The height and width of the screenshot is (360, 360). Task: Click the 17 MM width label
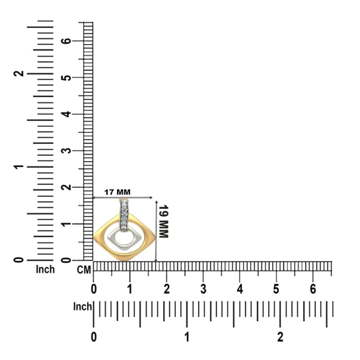coord(118,192)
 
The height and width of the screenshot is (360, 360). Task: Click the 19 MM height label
coord(164,221)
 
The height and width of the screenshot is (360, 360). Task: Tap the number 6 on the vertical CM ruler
coord(67,41)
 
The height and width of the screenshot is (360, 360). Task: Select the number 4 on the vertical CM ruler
coord(67,114)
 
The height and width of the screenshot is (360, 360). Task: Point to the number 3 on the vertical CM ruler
coord(67,151)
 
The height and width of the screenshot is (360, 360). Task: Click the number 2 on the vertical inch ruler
coord(19,73)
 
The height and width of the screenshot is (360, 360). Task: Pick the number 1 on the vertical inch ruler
coord(19,166)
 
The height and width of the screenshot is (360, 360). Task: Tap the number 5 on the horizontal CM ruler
coord(276,289)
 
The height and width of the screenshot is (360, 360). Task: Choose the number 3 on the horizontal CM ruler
coord(203,289)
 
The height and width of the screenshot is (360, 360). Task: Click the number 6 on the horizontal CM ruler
coord(313,289)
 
